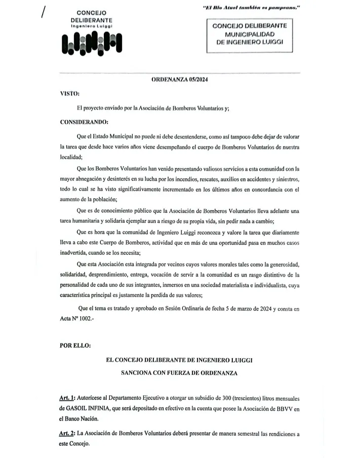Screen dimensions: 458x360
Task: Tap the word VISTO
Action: tap(69, 94)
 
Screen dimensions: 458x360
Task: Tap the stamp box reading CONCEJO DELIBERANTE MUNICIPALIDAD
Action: tap(249, 34)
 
